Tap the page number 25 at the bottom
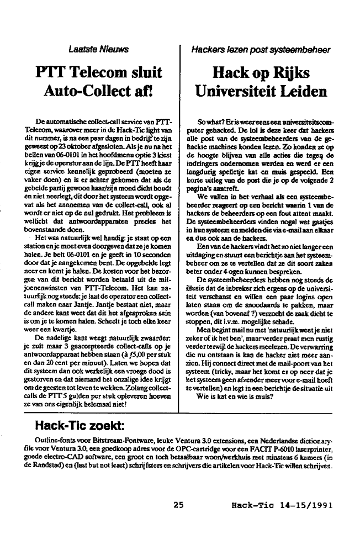(178, 504)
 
